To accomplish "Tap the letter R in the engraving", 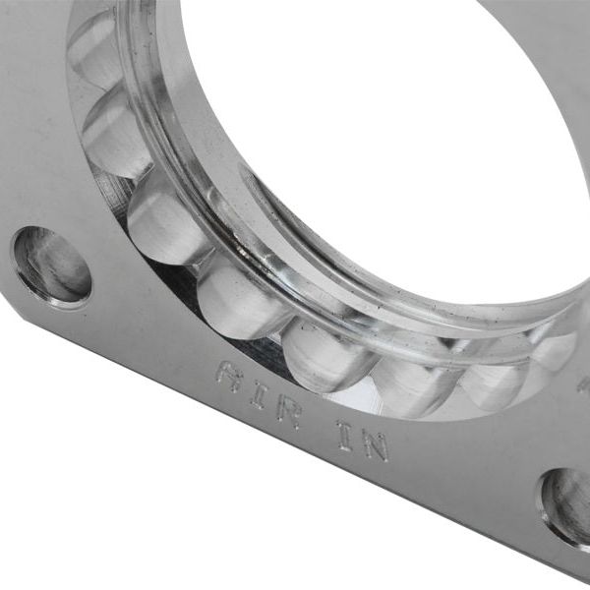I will click(x=288, y=407).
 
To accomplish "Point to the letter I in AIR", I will click(x=259, y=391).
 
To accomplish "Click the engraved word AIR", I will click(x=258, y=391).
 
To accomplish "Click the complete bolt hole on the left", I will click(x=52, y=265).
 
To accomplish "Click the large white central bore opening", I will click(x=393, y=128).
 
